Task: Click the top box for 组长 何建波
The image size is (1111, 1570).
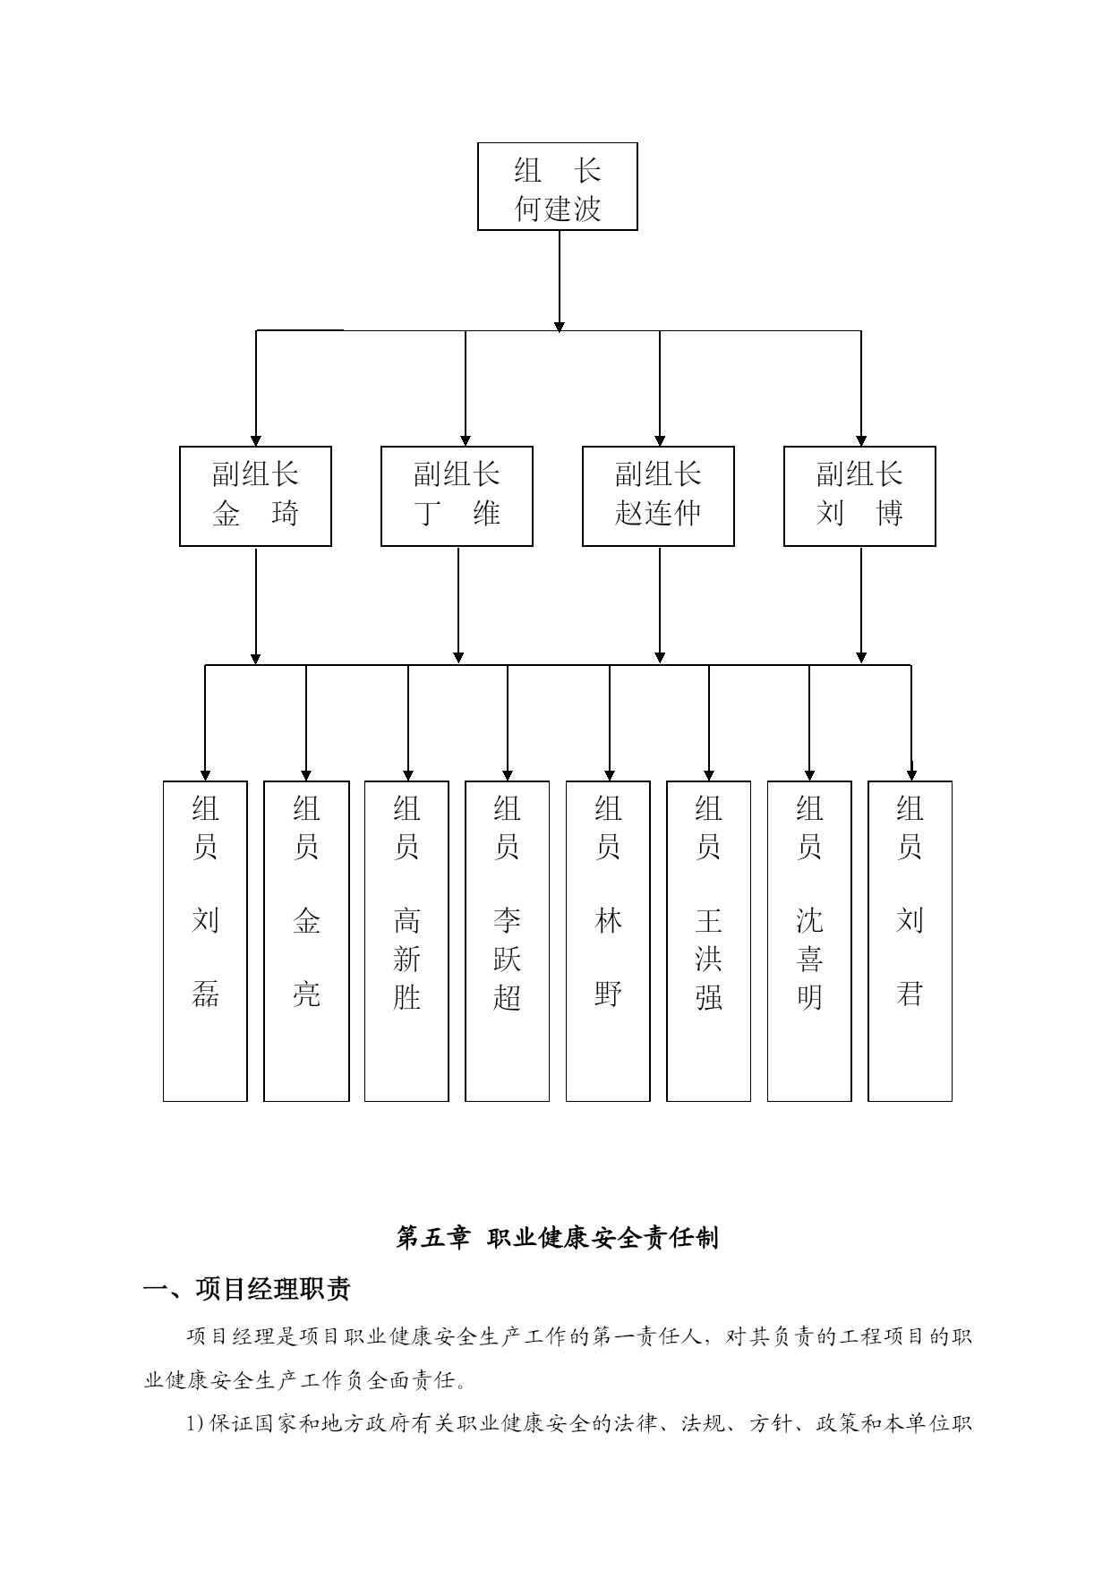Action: click(x=557, y=186)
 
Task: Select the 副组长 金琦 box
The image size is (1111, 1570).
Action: click(x=255, y=496)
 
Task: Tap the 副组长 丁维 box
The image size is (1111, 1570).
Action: click(x=457, y=496)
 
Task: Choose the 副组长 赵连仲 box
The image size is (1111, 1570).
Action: click(x=658, y=496)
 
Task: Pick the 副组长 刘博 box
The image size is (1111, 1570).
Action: click(x=859, y=496)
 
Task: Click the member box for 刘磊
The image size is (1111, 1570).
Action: click(x=205, y=940)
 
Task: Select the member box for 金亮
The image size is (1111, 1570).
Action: click(x=306, y=940)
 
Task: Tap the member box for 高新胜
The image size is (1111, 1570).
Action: click(x=406, y=940)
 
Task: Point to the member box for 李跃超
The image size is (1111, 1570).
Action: click(x=507, y=940)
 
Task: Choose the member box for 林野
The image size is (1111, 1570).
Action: click(x=608, y=940)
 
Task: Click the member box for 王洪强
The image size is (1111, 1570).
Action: click(x=708, y=940)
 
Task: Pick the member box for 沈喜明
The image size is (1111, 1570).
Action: click(x=809, y=940)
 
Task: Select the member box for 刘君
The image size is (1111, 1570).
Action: click(x=910, y=940)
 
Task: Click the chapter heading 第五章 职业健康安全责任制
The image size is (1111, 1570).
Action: click(x=557, y=1238)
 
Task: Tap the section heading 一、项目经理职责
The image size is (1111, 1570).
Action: click(x=247, y=1289)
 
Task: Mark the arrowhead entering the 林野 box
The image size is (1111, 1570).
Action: click(x=610, y=774)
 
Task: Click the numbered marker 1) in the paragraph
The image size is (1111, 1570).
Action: click(x=196, y=1423)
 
